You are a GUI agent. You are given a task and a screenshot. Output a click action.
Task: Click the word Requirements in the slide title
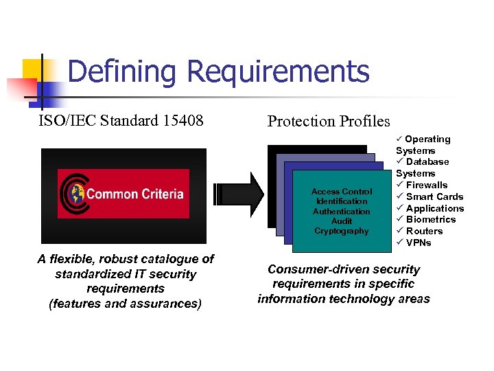pyautogui.click(x=278, y=71)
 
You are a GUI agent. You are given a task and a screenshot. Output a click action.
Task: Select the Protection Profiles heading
pyautogui.click(x=329, y=122)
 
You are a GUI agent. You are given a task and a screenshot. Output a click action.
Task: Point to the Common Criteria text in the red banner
pyautogui.click(x=135, y=194)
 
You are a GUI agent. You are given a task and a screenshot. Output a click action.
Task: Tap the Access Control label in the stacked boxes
pyautogui.click(x=342, y=192)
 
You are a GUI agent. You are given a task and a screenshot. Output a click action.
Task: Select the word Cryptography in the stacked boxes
pyautogui.click(x=342, y=231)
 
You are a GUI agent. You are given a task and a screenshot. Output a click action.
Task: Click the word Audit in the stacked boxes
pyautogui.click(x=342, y=221)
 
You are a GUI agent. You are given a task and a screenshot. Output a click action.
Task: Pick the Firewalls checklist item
pyautogui.click(x=427, y=185)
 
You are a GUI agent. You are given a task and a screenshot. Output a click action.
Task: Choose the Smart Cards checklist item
pyautogui.click(x=434, y=196)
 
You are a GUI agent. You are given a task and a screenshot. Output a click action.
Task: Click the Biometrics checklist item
pyautogui.click(x=431, y=219)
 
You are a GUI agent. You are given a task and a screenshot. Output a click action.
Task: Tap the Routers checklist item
pyautogui.click(x=424, y=231)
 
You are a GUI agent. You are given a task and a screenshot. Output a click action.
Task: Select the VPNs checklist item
pyautogui.click(x=419, y=243)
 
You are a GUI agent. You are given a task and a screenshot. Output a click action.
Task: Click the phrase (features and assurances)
pyautogui.click(x=125, y=304)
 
